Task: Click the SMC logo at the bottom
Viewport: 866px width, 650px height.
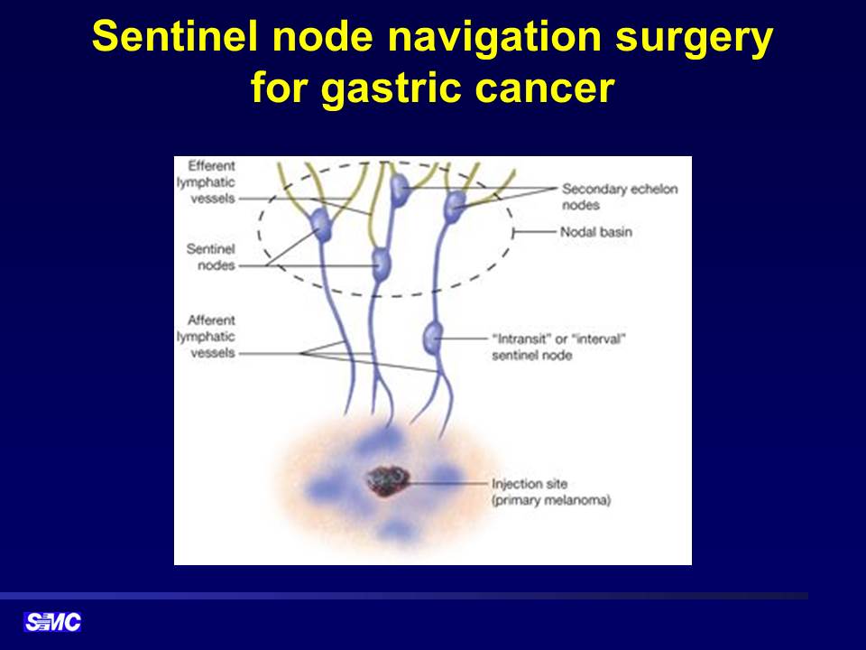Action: click(52, 622)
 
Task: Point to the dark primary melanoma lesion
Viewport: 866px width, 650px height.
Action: click(388, 481)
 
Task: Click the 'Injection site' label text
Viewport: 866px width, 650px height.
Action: click(530, 484)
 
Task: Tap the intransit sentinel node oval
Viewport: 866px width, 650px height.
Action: click(433, 339)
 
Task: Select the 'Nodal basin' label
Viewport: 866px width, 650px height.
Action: click(596, 232)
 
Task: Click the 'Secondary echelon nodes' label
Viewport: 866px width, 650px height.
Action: click(620, 197)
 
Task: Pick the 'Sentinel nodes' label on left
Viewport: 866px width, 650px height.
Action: click(210, 257)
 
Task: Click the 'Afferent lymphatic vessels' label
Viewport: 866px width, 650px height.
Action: click(206, 336)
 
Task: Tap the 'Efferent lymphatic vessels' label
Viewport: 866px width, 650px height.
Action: click(206, 181)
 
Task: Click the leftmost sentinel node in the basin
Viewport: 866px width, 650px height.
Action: click(321, 225)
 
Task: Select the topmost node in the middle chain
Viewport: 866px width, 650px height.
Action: click(399, 190)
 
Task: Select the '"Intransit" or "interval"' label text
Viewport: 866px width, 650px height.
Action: click(558, 339)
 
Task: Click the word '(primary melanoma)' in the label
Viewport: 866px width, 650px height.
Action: click(551, 501)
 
